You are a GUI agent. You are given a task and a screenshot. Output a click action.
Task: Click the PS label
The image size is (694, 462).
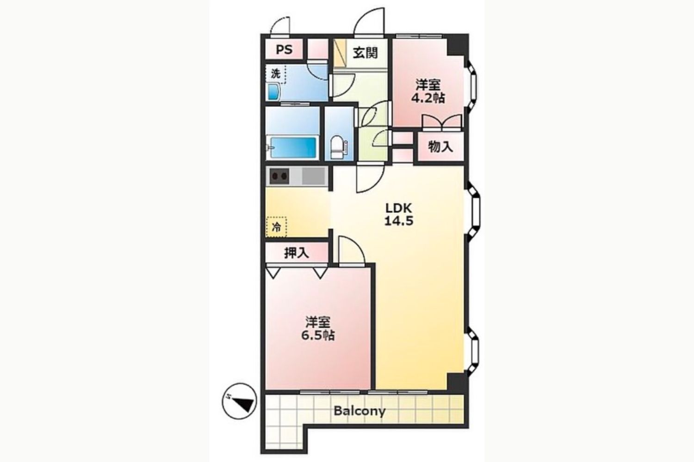284,49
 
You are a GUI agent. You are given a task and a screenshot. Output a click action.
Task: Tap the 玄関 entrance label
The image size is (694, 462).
366,53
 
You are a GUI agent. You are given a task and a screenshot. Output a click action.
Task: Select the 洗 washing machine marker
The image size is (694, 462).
275,74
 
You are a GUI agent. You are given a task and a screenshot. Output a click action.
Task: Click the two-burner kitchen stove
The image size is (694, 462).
280,176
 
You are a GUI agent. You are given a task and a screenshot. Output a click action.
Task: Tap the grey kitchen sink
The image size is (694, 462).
313,176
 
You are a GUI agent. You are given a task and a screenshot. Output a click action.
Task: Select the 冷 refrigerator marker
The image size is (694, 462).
276,227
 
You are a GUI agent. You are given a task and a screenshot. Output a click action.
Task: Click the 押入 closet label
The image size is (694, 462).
297,253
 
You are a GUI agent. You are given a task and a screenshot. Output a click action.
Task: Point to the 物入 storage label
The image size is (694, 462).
440,146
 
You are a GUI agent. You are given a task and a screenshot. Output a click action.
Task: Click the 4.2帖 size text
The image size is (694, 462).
428,98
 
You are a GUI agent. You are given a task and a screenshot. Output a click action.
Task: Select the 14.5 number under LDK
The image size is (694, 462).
399,221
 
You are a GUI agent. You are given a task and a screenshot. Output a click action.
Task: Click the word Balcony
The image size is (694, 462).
359,411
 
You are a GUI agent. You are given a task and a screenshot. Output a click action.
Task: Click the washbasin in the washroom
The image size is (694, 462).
274,92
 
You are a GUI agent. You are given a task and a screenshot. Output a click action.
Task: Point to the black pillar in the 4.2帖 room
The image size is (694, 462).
457,45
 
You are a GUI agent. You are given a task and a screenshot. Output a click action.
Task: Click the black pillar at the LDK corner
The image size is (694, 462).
457,383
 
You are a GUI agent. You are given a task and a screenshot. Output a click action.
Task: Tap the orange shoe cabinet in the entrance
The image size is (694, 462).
340,52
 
